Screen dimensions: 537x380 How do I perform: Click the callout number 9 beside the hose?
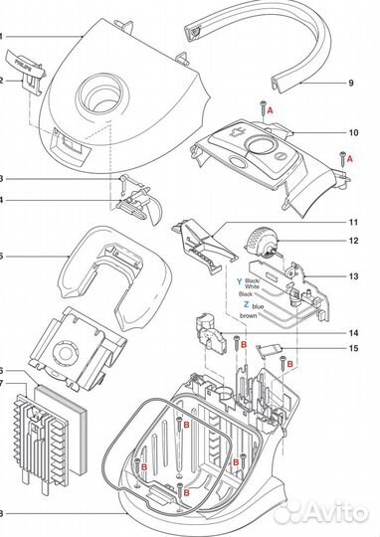[x=350, y=83]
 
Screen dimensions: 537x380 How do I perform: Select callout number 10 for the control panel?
[x=352, y=132]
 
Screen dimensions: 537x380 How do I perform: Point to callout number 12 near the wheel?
[x=352, y=242]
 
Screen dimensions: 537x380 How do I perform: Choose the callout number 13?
[x=352, y=277]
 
